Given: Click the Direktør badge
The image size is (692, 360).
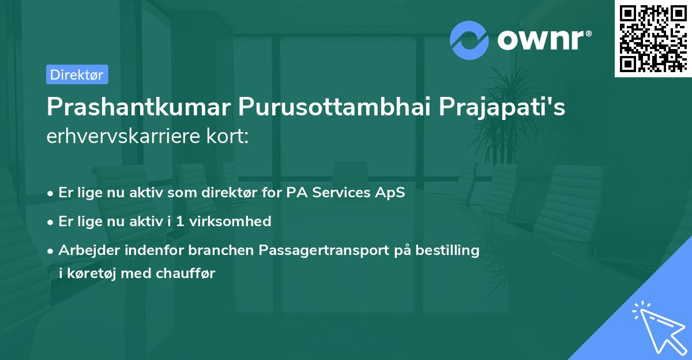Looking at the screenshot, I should pyautogui.click(x=77, y=74).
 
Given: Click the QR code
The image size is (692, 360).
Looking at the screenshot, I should pyautogui.click(x=653, y=38).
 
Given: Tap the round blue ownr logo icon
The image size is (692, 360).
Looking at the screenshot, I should pyautogui.click(x=469, y=41).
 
